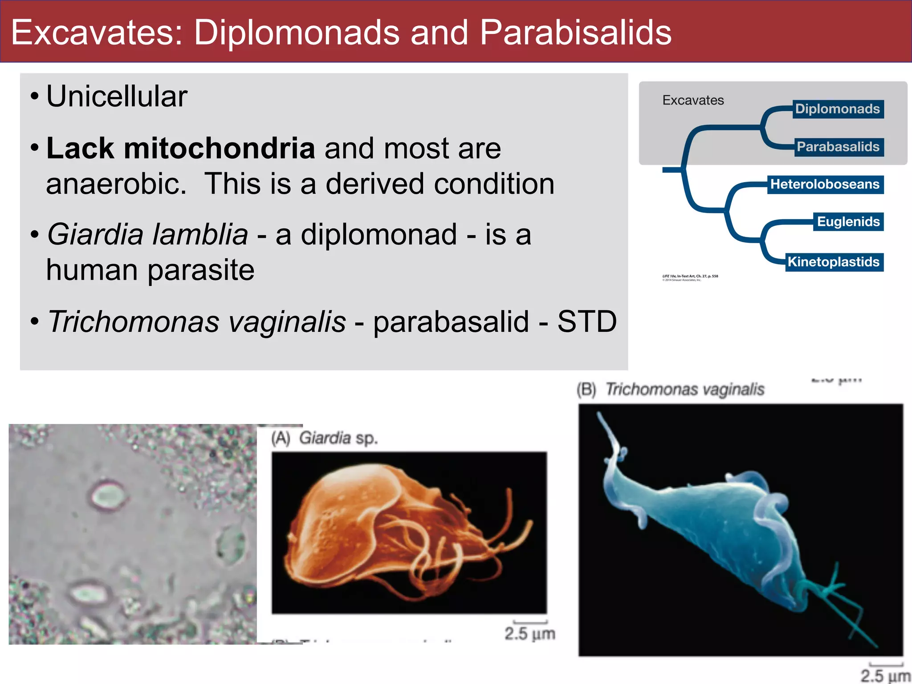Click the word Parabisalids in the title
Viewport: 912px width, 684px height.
(575, 33)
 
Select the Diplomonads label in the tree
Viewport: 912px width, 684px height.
(837, 109)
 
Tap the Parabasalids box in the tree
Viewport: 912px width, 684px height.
(838, 147)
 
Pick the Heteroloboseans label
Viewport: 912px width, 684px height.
(825, 184)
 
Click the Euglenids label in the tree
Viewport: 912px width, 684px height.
(848, 222)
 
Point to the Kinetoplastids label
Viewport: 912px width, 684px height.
(833, 262)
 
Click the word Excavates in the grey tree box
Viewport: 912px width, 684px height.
(693, 100)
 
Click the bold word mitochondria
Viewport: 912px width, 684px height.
(219, 148)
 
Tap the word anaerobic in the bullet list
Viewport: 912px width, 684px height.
(116, 184)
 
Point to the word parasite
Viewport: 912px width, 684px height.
(201, 270)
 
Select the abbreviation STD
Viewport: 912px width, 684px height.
(587, 322)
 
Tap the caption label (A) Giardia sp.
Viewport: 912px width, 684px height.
(325, 439)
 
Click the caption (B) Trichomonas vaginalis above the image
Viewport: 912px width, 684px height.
(671, 390)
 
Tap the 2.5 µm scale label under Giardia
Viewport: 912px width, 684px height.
(529, 633)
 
